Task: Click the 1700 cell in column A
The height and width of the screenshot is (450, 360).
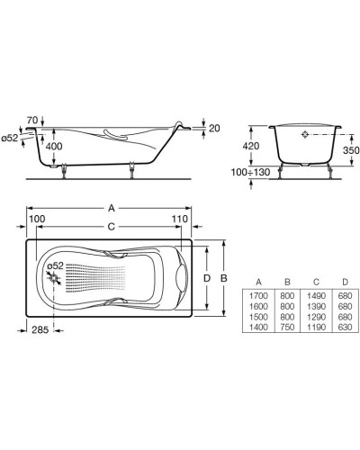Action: [x=258, y=296]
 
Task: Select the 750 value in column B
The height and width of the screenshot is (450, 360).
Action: [x=287, y=327]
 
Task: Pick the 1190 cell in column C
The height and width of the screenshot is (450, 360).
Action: [x=316, y=327]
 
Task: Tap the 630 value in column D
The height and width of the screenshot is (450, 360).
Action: [x=345, y=327]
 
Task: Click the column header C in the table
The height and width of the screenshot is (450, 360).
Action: [x=316, y=282]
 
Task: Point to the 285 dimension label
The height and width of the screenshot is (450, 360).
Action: [x=40, y=330]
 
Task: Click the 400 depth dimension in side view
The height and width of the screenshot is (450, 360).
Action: [x=54, y=147]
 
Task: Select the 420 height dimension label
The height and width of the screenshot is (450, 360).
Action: [x=251, y=146]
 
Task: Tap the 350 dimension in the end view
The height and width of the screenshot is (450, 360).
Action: [x=351, y=150]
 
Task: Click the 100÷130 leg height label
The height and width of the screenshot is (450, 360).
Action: [x=250, y=172]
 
